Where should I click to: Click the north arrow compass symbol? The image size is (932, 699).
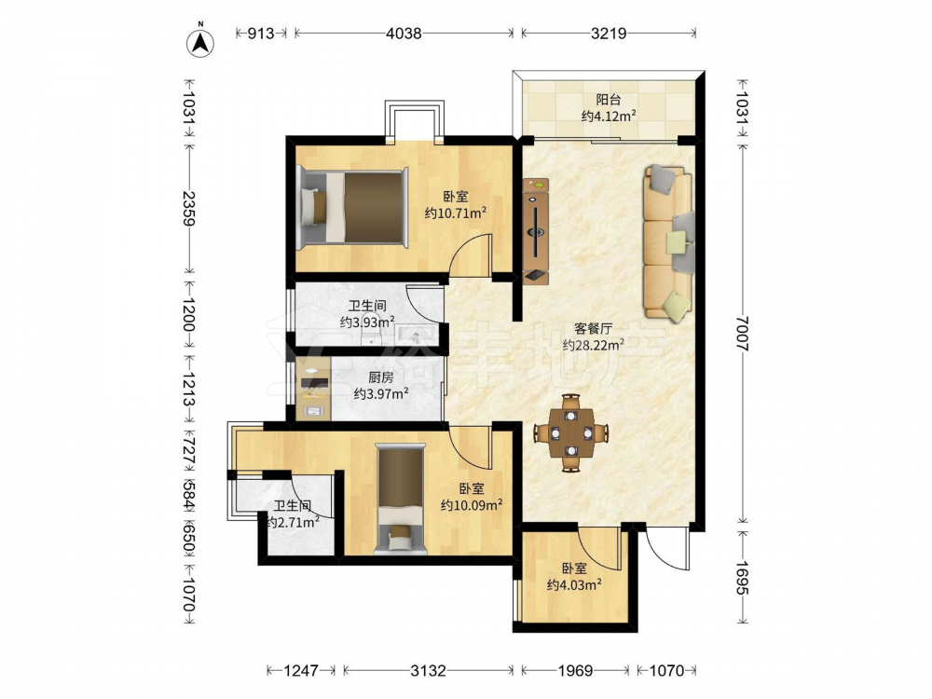(201, 41)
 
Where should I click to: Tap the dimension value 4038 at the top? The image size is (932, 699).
(404, 34)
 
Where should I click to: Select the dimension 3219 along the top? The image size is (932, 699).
(608, 34)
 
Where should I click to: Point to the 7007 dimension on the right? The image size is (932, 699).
(743, 334)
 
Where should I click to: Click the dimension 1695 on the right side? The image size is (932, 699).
(743, 578)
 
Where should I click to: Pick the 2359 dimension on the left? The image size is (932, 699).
(188, 209)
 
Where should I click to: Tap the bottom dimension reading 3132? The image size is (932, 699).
(428, 671)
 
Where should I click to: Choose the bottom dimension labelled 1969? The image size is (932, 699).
(575, 671)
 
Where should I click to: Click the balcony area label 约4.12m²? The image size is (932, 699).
(609, 116)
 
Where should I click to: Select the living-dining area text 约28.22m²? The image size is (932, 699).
(593, 344)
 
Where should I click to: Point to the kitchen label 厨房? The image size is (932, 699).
(380, 377)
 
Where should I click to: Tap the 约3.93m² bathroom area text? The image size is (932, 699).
(367, 322)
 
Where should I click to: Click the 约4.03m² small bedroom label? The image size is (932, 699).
(574, 584)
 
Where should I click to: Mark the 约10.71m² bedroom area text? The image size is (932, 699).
(456, 212)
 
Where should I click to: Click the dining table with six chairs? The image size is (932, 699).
(571, 432)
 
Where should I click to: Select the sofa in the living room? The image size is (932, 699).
(669, 242)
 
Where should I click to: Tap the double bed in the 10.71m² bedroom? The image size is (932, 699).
(353, 207)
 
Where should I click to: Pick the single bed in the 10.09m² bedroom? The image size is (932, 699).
(401, 499)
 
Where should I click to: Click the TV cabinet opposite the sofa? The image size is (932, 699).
(536, 229)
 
